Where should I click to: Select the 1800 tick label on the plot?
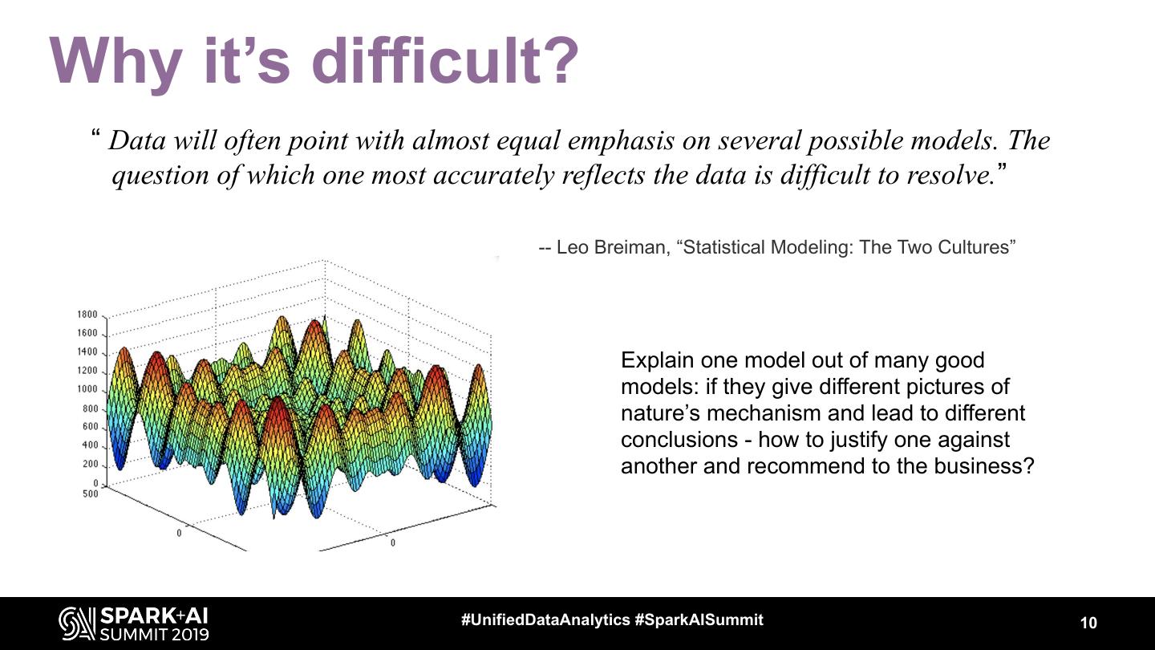(x=87, y=315)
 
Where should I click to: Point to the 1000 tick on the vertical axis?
(x=87, y=389)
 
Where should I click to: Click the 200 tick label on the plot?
(x=90, y=464)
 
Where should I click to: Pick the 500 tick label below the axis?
(x=90, y=494)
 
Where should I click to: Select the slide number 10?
(x=1088, y=623)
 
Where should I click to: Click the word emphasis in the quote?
(x=620, y=140)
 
